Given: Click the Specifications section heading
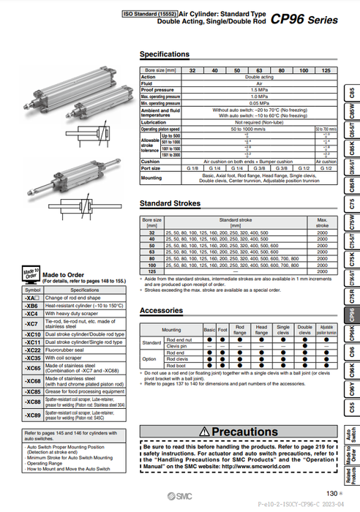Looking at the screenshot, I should click(165, 55).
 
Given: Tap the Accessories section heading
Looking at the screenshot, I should click(161, 310).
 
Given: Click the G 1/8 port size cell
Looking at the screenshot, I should click(192, 169).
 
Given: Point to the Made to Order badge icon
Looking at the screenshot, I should click(30, 273).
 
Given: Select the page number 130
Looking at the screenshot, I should click(331, 492).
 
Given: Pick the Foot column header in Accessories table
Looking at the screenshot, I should click(222, 330).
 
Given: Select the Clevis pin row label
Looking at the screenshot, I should click(179, 347).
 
